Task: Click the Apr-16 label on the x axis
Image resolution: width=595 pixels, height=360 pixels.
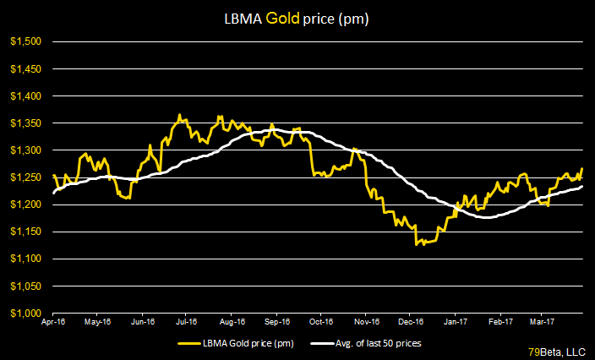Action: coord(54,322)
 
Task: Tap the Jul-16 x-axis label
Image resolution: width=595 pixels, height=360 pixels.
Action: coord(187,322)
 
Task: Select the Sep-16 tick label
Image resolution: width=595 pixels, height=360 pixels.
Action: coord(276,322)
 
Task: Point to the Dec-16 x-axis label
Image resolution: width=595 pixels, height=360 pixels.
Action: coord(411,322)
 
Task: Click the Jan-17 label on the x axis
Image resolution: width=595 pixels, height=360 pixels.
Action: coord(456,322)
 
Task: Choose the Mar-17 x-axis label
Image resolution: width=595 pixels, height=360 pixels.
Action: coord(542,322)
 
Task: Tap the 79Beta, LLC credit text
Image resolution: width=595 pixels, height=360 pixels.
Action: coord(559,350)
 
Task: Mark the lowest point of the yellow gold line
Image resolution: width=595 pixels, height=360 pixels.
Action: coord(416,245)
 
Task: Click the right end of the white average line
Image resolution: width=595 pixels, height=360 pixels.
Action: coord(583,187)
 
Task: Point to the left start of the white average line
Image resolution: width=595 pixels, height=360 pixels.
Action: coord(53,194)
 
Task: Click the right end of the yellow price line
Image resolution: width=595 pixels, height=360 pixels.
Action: coord(583,169)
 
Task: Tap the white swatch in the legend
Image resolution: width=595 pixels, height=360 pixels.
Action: coord(321,344)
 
